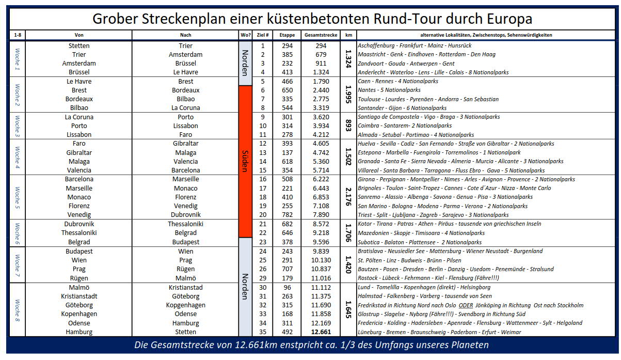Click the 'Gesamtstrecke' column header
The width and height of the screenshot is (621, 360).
[321, 35]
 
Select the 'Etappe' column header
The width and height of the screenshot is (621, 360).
[288, 35]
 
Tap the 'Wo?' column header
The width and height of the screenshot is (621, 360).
[245, 35]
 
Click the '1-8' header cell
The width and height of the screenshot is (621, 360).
[17, 35]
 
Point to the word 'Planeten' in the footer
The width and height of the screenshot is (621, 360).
[463, 345]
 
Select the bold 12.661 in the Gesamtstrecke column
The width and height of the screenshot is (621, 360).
[321, 332]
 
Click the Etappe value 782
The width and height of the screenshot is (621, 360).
[288, 215]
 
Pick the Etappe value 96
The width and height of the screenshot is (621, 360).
[288, 287]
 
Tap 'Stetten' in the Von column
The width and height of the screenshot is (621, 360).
[79, 45]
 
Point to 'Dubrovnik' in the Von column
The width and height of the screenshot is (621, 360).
[79, 224]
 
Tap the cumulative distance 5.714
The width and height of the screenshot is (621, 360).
[321, 170]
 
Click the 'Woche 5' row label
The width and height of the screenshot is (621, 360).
[17, 197]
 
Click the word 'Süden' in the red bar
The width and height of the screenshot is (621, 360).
[245, 161]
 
